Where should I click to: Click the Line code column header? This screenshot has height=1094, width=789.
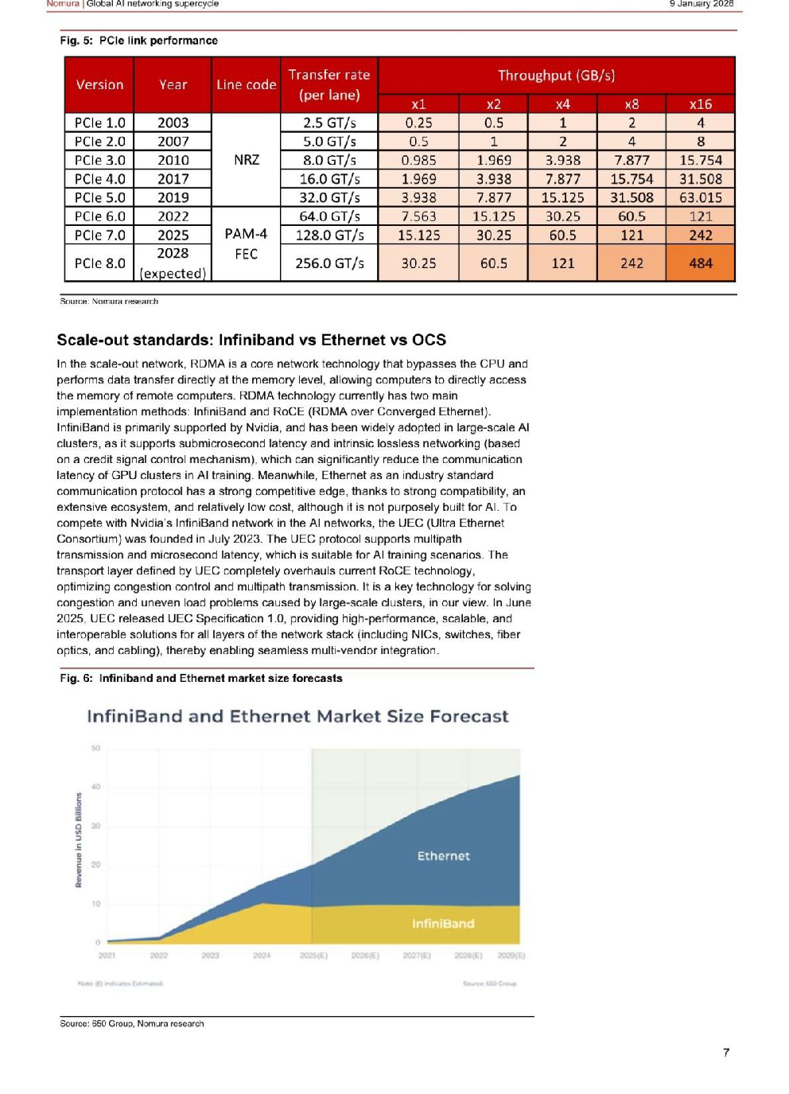(246, 84)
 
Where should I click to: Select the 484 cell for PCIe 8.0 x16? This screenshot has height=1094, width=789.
(700, 263)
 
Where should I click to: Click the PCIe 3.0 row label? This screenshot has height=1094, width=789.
(99, 160)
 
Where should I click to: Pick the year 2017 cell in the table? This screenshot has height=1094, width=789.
(173, 179)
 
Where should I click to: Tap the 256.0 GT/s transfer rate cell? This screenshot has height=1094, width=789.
(329, 263)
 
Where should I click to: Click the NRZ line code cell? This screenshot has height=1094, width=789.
(246, 160)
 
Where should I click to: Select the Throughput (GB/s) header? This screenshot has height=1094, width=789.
(556, 76)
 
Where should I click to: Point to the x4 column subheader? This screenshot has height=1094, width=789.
(562, 104)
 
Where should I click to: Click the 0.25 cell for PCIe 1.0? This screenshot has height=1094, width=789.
(418, 123)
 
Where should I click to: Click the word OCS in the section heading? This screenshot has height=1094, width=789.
(429, 340)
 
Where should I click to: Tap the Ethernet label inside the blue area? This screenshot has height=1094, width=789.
(443, 856)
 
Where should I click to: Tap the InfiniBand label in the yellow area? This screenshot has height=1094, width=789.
(443, 924)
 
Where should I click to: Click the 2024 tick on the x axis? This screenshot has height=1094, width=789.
(262, 956)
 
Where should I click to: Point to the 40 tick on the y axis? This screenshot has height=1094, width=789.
(96, 787)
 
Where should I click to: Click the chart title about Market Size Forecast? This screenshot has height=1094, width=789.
(297, 716)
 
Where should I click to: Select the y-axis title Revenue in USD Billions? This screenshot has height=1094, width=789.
(79, 839)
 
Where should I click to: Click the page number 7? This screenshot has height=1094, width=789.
(725, 1053)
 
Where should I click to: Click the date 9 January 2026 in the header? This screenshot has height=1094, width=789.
(701, 4)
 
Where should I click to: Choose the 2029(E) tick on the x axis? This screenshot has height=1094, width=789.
(511, 956)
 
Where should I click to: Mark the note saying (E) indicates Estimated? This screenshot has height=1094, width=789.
(120, 983)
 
